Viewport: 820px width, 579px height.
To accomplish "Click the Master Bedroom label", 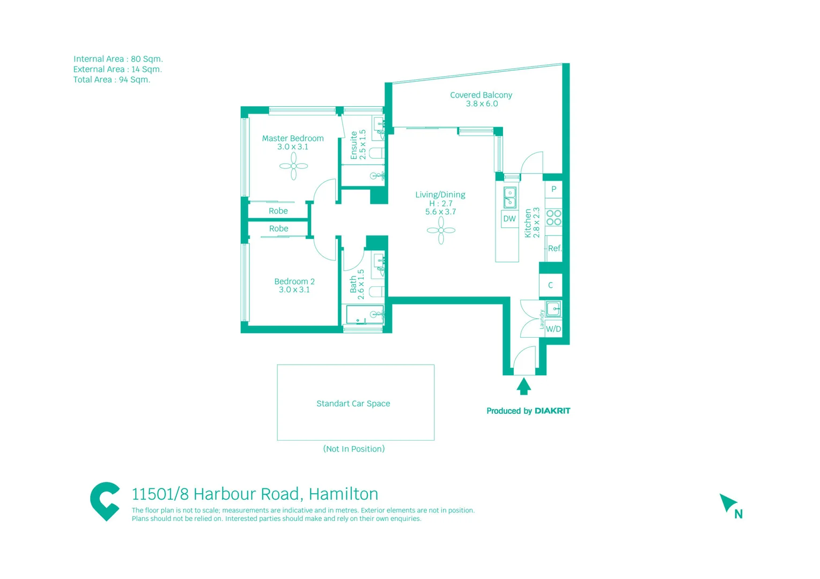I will (292, 138).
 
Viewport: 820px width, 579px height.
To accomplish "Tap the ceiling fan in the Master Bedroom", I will (293, 166).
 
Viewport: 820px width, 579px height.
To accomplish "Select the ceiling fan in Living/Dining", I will (441, 231).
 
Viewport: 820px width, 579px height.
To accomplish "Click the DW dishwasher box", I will (509, 219).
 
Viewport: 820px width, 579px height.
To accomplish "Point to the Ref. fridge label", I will (555, 248).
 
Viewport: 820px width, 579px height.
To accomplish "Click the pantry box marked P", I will (553, 189).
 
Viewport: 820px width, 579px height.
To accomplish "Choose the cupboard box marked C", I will (550, 285).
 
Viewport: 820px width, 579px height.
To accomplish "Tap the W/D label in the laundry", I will (553, 329).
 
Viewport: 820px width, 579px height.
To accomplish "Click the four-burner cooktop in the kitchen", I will (553, 218).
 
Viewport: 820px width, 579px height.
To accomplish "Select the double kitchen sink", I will (509, 197).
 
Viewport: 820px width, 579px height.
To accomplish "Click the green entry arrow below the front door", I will (524, 385).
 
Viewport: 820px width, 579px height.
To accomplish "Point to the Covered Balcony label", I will (481, 95).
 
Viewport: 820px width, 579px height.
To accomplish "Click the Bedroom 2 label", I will (294, 281).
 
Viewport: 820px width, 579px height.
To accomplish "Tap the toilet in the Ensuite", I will (377, 153).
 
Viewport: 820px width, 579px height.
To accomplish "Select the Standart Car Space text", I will (353, 404).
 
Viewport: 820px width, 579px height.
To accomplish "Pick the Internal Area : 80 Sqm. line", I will (118, 59).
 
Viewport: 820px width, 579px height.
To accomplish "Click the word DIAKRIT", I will (552, 411).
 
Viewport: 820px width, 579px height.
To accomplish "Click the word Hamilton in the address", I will (343, 494).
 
